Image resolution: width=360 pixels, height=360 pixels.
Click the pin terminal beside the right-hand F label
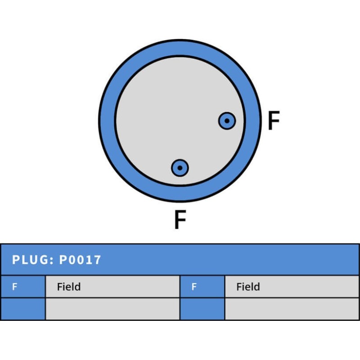click(x=227, y=121)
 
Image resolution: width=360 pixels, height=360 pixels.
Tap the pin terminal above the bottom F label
click(x=180, y=168)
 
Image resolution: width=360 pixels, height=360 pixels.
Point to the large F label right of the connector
click(x=274, y=121)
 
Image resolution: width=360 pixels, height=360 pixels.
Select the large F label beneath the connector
click(x=180, y=220)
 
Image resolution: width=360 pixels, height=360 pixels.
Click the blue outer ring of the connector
click(x=107, y=121)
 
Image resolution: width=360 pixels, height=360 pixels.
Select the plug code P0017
click(x=80, y=260)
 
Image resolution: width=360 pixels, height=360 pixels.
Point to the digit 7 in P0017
click(x=98, y=260)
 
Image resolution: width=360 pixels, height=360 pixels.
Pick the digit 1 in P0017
click(x=90, y=260)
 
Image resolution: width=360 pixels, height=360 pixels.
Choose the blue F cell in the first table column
click(x=22, y=287)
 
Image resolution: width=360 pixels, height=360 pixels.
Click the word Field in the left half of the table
click(x=69, y=287)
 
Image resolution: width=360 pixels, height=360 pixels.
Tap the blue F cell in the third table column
click(x=202, y=287)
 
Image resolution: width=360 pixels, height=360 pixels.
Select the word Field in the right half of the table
click(x=248, y=287)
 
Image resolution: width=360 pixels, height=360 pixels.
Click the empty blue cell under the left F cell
click(x=22, y=309)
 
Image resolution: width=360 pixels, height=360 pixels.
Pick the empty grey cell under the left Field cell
click(x=112, y=309)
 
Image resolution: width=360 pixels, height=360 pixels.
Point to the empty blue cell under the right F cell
click(x=202, y=309)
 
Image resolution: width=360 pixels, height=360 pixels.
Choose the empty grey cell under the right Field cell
click(x=292, y=309)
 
